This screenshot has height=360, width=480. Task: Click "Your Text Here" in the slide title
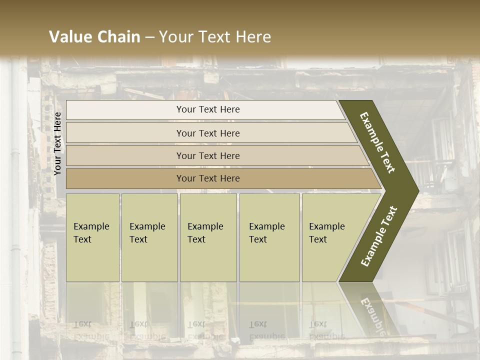click(215, 37)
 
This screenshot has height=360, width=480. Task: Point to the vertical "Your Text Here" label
click(57, 143)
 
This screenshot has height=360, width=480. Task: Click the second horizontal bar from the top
click(207, 133)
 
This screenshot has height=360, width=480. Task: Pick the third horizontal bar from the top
click(207, 155)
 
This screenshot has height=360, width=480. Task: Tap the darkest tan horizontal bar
click(207, 178)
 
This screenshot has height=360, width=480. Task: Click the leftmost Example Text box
click(92, 237)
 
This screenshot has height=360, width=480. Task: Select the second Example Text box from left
click(149, 237)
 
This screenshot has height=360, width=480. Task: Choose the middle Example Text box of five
click(208, 237)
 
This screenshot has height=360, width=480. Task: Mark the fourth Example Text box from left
click(269, 237)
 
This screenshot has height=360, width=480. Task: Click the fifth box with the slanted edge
click(330, 237)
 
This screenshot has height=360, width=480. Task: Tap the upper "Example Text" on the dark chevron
click(378, 142)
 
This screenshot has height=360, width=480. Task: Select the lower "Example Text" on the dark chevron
click(378, 236)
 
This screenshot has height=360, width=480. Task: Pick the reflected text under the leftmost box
click(91, 330)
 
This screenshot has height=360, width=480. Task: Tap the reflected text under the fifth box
click(326, 330)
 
